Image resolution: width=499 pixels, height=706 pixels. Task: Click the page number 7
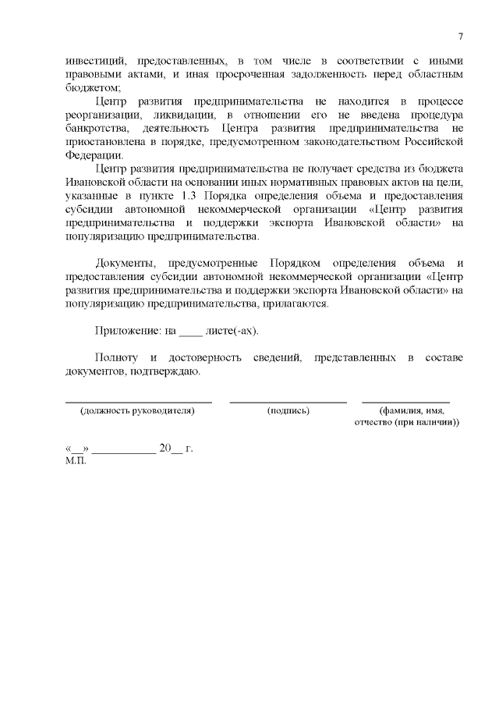(x=461, y=37)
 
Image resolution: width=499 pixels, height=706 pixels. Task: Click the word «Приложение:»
(x=126, y=331)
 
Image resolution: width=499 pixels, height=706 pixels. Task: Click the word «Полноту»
(x=116, y=358)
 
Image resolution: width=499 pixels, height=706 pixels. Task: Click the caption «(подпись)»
(x=288, y=410)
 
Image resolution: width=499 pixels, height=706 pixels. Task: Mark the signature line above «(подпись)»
(x=288, y=401)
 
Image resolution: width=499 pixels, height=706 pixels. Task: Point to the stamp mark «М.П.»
(x=77, y=460)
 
